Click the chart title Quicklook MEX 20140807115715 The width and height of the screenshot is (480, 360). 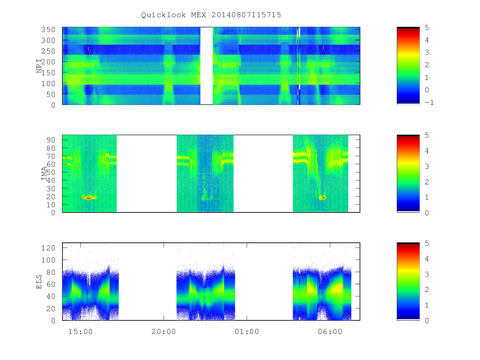pyautogui.click(x=211, y=15)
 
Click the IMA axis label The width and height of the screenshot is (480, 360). pyautogui.click(x=44, y=173)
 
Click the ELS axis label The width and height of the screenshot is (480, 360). pyautogui.click(x=39, y=282)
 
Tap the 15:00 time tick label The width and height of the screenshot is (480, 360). pyautogui.click(x=80, y=332)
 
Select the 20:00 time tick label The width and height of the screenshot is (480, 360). pyautogui.click(x=164, y=332)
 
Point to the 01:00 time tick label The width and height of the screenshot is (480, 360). pyautogui.click(x=247, y=332)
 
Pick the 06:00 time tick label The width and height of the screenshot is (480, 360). pyautogui.click(x=330, y=332)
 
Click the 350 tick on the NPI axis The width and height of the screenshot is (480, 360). pyautogui.click(x=48, y=30)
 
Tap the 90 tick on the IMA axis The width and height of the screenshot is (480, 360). pyautogui.click(x=51, y=140)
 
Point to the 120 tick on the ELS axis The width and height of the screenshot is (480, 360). pyautogui.click(x=48, y=248)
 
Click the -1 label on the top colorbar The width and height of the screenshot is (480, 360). pyautogui.click(x=429, y=102)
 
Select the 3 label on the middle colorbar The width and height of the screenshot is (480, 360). pyautogui.click(x=427, y=166)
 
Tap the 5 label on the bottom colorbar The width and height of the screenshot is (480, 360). pyautogui.click(x=427, y=243)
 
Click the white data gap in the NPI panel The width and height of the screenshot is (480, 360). pyautogui.click(x=206, y=66)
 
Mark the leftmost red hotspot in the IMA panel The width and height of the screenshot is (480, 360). pyautogui.click(x=89, y=197)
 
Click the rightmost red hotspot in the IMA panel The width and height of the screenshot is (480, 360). pyautogui.click(x=322, y=198)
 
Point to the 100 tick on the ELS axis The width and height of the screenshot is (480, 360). pyautogui.click(x=48, y=260)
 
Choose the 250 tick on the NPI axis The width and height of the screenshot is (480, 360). pyautogui.click(x=48, y=51)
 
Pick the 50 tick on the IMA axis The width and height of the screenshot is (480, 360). pyautogui.click(x=51, y=172)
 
